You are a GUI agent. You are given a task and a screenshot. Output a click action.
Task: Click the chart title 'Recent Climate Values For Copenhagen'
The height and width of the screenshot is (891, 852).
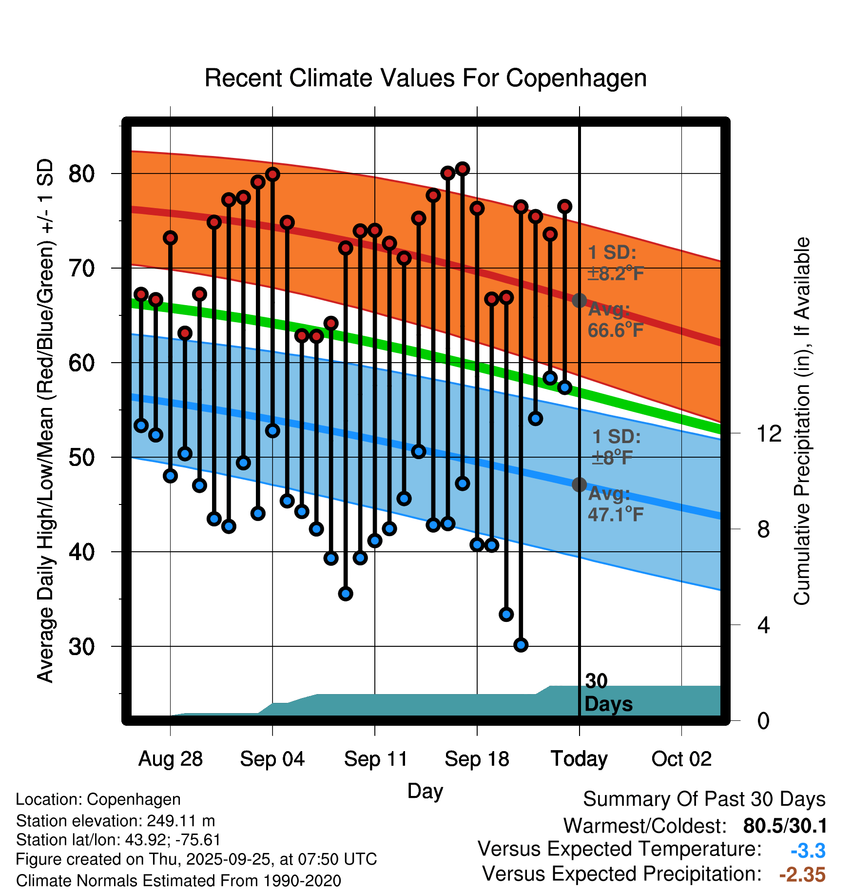[x=426, y=78]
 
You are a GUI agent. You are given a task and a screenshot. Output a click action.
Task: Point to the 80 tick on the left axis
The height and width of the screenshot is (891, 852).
[x=81, y=174]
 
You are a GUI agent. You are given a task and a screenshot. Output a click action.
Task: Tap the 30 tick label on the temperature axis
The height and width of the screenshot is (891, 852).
[x=81, y=647]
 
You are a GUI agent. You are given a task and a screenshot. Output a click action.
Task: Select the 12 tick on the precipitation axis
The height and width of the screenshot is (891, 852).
[x=769, y=433]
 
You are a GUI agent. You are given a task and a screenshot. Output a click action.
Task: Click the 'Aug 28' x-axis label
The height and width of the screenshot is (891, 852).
[x=170, y=759]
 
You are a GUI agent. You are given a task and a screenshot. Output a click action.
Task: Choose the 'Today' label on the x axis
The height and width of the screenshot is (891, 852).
[x=579, y=759]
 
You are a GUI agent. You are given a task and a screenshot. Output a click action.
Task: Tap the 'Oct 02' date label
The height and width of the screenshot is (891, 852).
[x=681, y=759]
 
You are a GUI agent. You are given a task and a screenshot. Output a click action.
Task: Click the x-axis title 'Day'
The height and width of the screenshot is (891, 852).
[x=425, y=791]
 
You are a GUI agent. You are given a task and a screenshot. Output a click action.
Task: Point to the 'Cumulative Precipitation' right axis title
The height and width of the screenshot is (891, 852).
[x=802, y=422]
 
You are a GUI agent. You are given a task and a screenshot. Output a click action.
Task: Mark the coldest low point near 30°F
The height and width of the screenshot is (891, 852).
[x=521, y=645]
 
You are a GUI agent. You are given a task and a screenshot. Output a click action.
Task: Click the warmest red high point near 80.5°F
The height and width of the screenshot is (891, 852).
[x=462, y=169]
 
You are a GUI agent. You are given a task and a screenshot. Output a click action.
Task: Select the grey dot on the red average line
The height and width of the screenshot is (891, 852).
[x=579, y=300]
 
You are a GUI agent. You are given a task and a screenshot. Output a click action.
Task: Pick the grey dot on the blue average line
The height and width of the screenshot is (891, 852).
[x=579, y=484]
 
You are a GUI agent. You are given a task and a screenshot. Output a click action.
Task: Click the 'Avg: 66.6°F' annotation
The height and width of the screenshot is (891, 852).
[x=615, y=320]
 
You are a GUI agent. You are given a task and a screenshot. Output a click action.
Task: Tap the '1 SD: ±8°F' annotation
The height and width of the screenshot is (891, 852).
[x=615, y=447]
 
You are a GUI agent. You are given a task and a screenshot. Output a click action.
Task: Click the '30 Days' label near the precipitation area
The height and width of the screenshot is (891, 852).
[x=607, y=693]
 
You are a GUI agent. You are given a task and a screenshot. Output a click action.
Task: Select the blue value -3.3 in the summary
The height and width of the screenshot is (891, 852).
[x=808, y=851]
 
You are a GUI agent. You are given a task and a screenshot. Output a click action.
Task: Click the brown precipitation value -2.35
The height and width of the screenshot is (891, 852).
[x=802, y=874]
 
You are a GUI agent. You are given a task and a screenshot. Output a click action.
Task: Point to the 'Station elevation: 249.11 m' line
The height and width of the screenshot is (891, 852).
[x=116, y=821]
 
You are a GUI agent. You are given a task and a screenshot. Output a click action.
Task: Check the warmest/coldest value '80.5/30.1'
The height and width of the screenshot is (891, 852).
[x=785, y=826]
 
